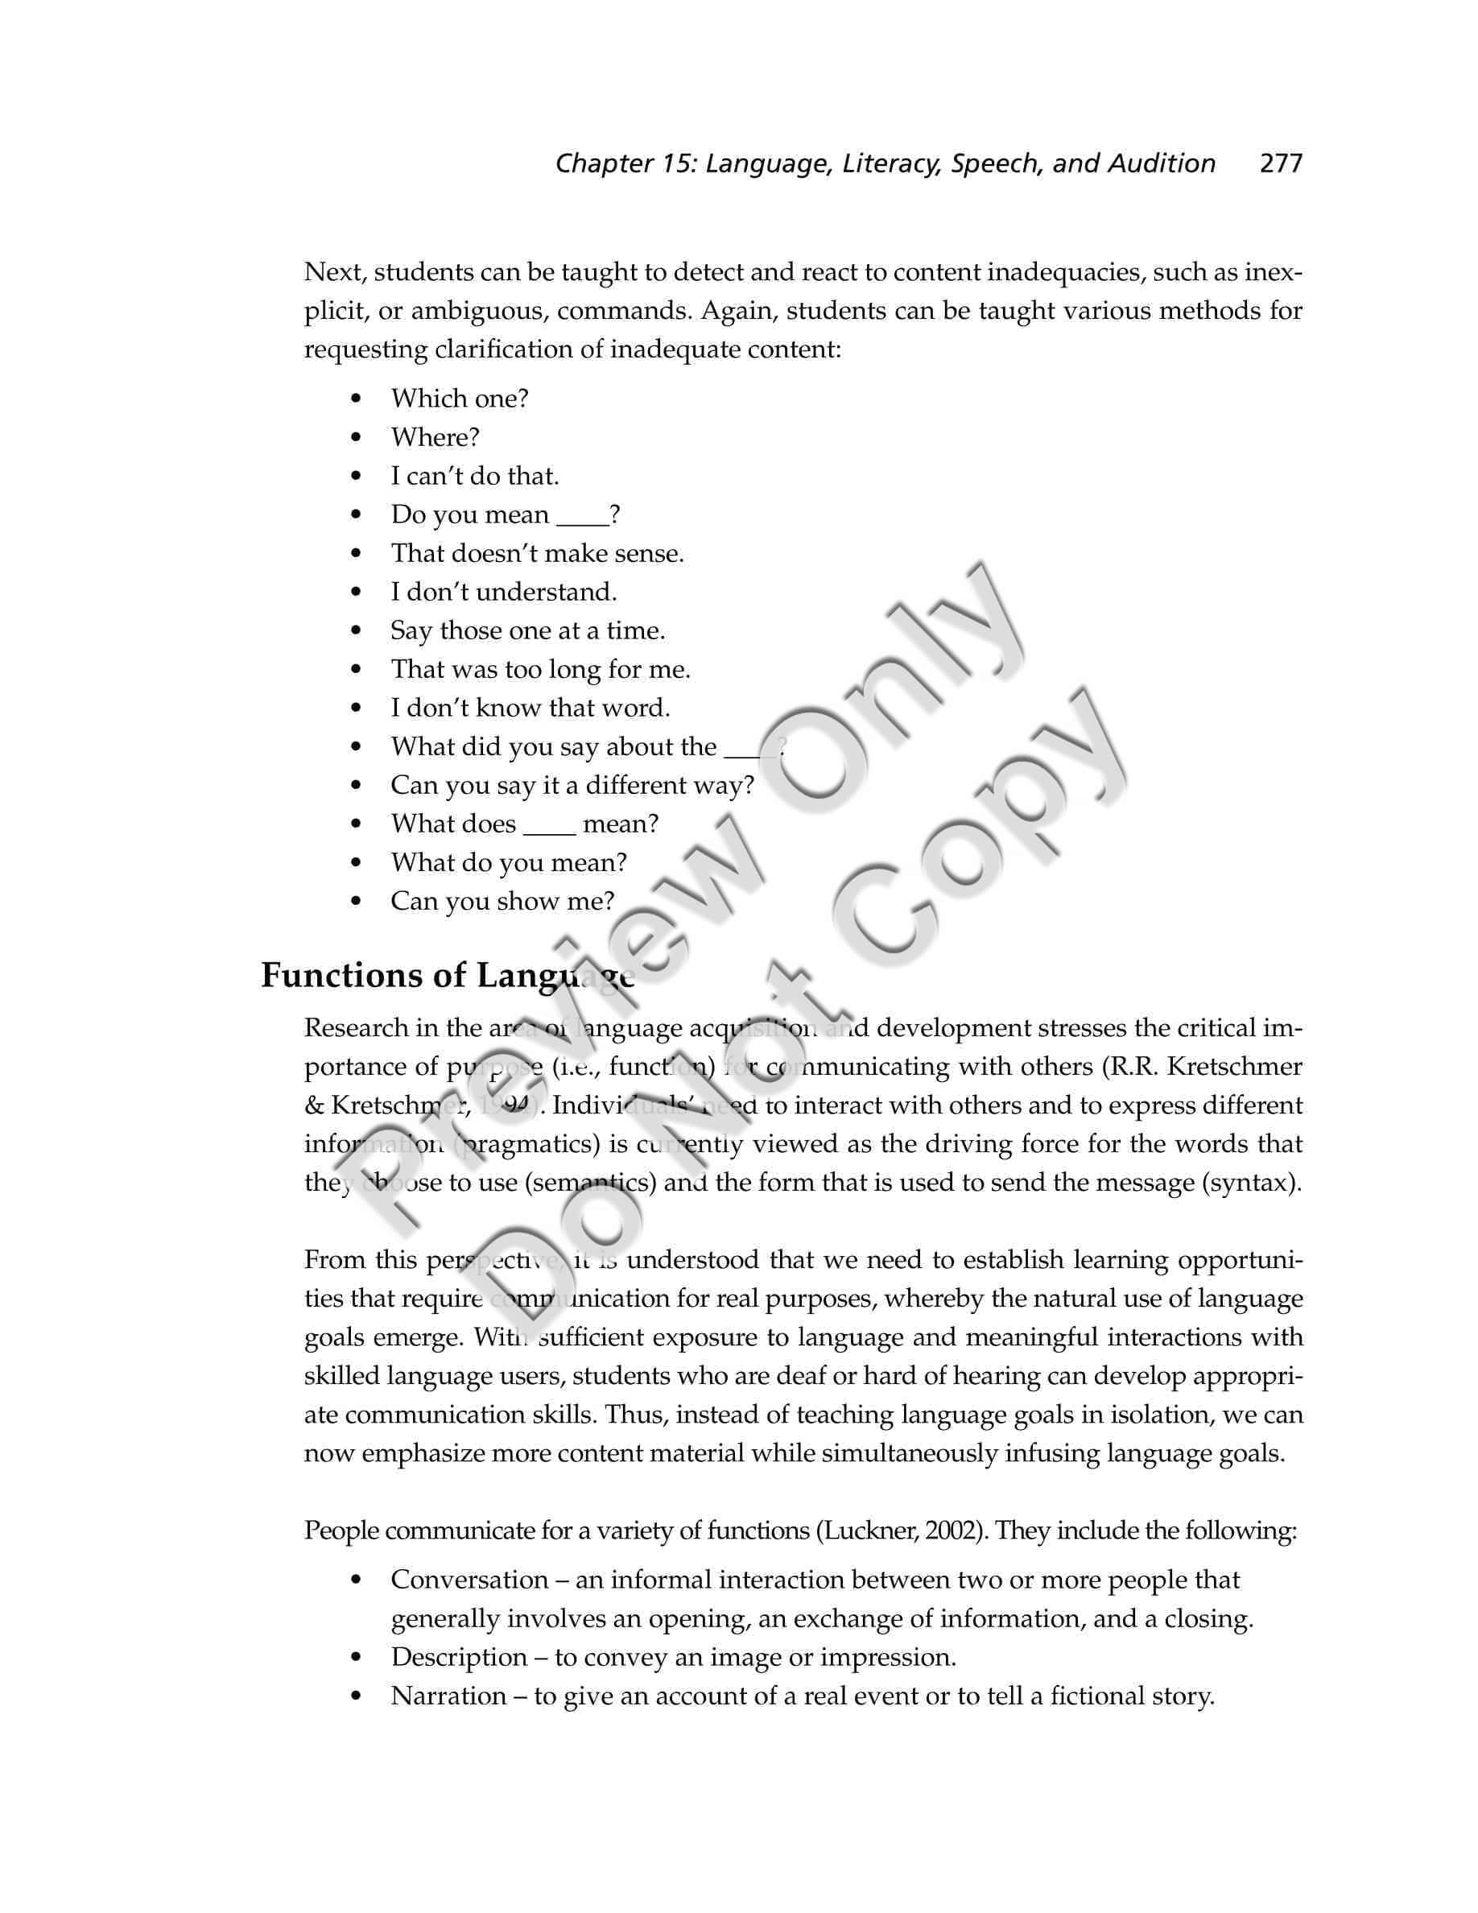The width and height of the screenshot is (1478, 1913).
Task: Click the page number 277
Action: point(1280,163)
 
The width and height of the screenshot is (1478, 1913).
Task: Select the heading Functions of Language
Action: point(448,976)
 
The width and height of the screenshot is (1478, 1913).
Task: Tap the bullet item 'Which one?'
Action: point(460,399)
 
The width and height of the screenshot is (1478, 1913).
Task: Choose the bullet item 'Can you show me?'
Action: point(502,901)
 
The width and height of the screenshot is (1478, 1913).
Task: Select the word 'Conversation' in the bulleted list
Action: point(469,1580)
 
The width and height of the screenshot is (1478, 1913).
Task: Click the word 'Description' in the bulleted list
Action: point(459,1657)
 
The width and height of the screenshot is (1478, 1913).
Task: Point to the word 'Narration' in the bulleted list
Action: point(448,1696)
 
